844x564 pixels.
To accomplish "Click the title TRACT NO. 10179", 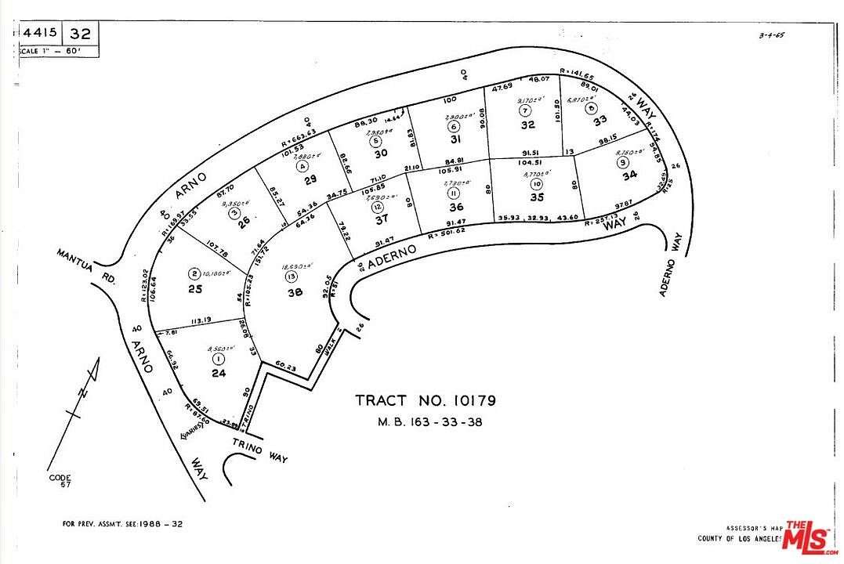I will coord(426,401).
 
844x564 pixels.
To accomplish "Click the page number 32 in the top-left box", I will coord(80,34).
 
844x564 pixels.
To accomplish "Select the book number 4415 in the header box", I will coord(39,34).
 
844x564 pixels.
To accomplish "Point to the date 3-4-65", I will coord(773,35).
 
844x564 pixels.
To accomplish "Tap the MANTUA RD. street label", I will coord(86,266).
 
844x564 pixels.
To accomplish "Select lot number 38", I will coord(295,292).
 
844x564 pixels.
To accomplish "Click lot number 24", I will coord(219,374).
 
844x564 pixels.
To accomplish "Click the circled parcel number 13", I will coord(292,277).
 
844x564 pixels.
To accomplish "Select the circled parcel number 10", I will coord(536,184).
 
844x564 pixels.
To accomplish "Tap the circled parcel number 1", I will coord(217,359).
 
